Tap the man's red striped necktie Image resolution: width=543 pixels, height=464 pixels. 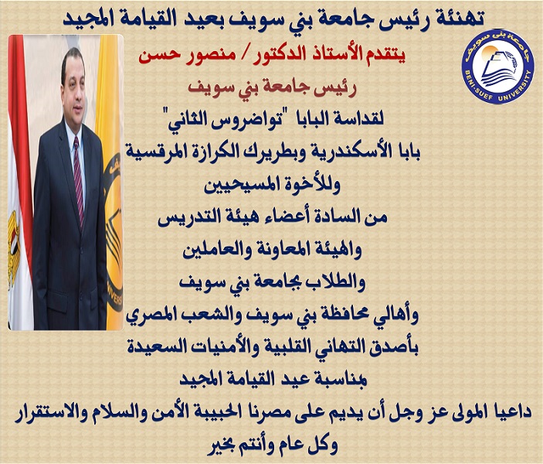click(x=78, y=180)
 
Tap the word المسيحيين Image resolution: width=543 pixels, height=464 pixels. click(x=243, y=186)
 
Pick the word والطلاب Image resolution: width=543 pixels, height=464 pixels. click(x=334, y=283)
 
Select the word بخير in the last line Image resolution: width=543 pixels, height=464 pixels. click(x=222, y=445)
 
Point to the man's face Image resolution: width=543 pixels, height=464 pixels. click(x=73, y=85)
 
